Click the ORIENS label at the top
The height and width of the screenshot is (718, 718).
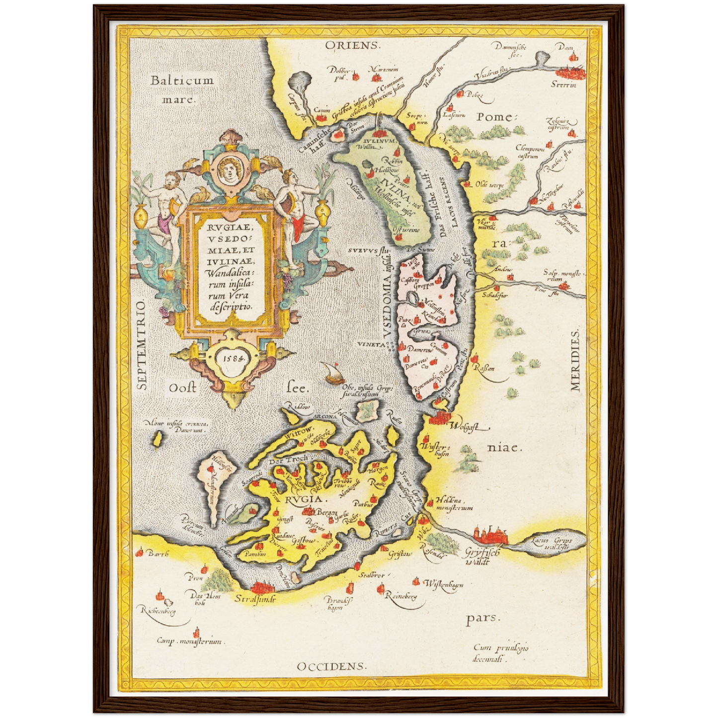[352, 46]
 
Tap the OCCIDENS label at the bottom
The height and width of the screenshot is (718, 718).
[331, 666]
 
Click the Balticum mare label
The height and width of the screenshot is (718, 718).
[182, 88]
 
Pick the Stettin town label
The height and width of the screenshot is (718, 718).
[563, 85]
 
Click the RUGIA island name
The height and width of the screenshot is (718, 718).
[306, 499]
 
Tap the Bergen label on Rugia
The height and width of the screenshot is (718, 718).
[327, 512]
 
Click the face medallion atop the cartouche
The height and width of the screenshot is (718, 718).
[230, 169]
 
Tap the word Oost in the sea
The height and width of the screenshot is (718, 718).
[182, 388]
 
